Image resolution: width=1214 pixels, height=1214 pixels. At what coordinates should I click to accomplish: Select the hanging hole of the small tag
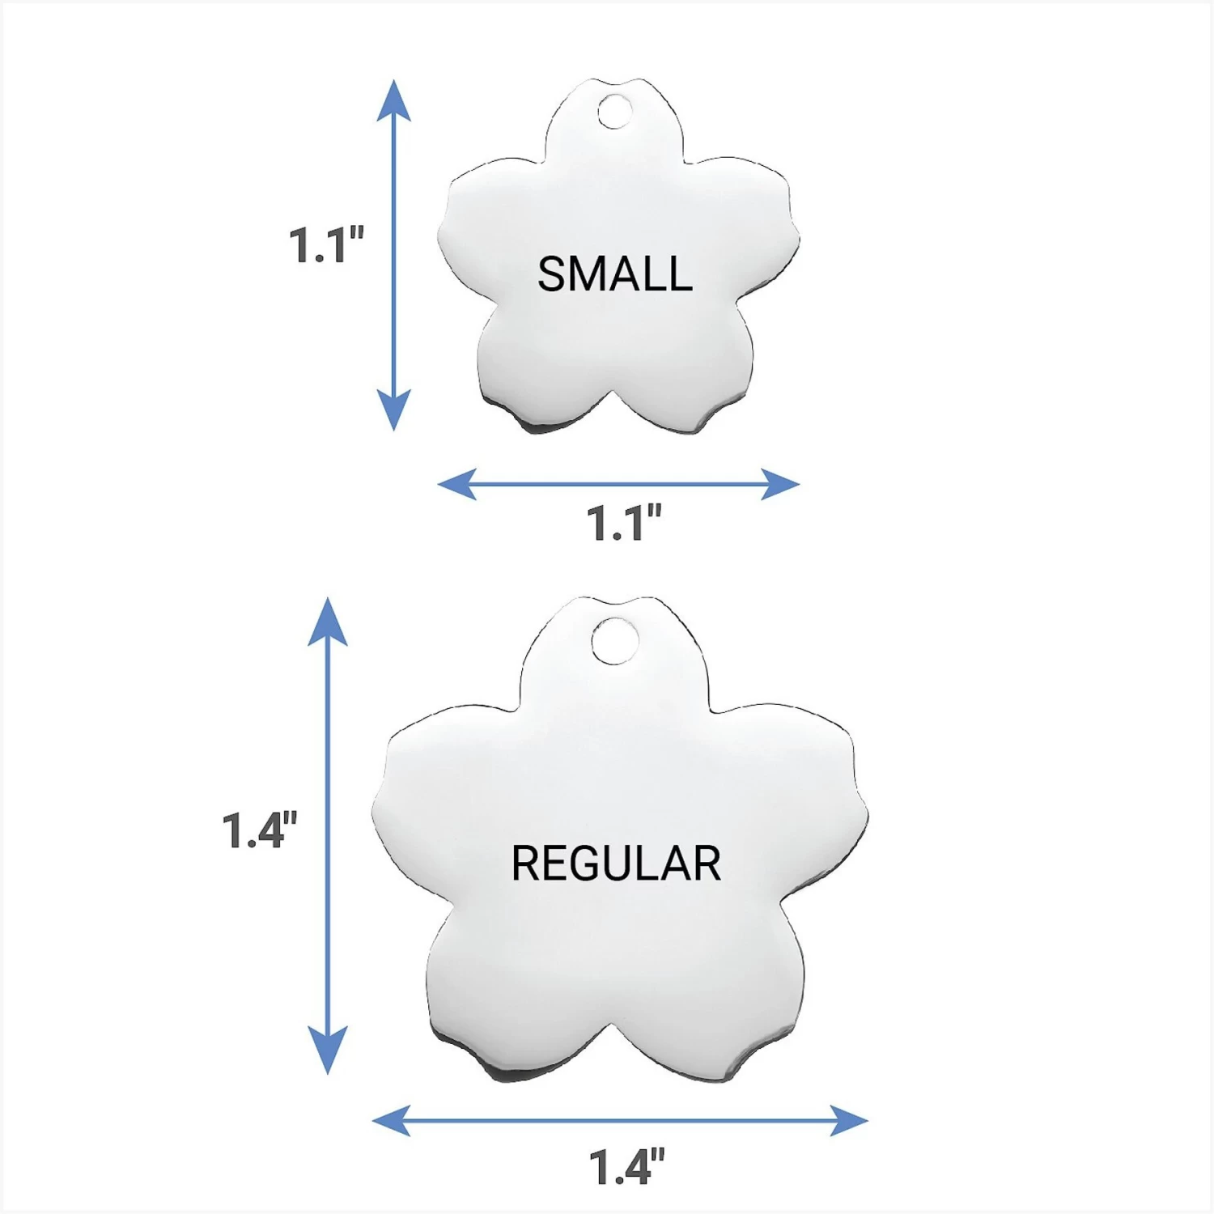coord(614,112)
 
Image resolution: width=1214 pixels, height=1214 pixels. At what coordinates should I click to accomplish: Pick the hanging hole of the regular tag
coord(614,641)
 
